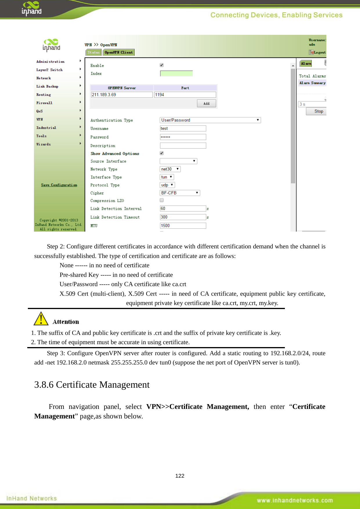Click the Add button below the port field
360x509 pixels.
[206, 103]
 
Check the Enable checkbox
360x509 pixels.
[162, 65]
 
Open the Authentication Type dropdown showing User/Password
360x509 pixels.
[210, 120]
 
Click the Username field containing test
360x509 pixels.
[183, 129]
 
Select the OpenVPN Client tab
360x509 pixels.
[119, 53]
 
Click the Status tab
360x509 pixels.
[93, 53]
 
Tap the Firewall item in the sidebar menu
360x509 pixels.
[44, 103]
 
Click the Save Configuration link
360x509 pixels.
[59, 185]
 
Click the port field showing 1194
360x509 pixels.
[185, 95]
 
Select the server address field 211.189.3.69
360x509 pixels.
[122, 95]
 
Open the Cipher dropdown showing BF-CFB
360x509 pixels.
[180, 193]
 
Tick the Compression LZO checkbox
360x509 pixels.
[162, 200]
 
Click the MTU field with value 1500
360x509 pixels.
[183, 226]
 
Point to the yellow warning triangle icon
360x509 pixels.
[41, 319]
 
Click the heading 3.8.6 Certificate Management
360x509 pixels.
[92, 385]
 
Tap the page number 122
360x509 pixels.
[180, 476]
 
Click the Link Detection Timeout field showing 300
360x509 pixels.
[183, 217]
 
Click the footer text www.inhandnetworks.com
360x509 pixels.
[294, 500]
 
